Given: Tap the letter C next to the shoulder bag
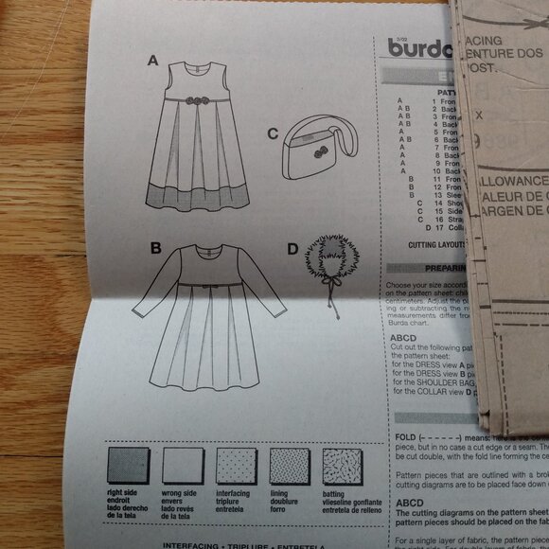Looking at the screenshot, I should coord(272,133).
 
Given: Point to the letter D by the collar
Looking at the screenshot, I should coord(292,251).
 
